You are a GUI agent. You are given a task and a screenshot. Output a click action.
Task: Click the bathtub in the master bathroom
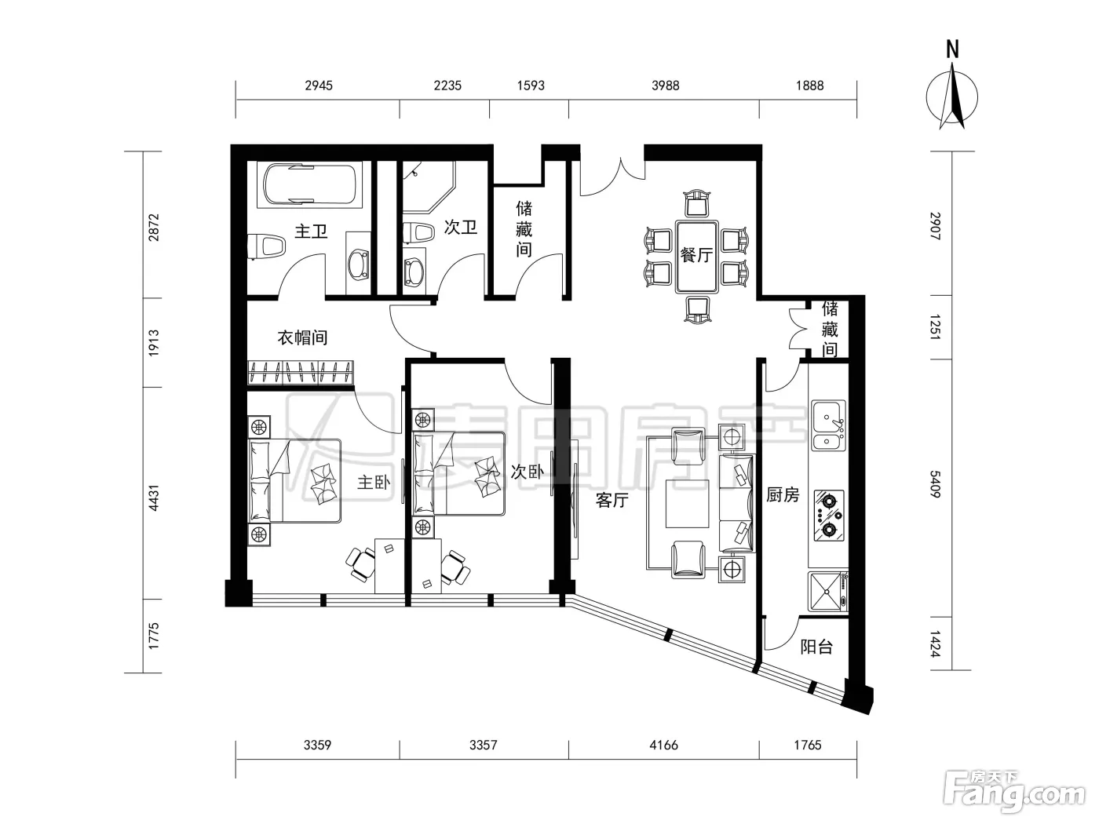[x=310, y=184]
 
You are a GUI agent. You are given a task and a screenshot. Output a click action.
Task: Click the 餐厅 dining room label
[x=696, y=254]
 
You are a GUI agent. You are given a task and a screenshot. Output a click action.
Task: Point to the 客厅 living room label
[x=612, y=500]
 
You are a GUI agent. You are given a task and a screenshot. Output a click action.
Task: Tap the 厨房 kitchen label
[x=783, y=495]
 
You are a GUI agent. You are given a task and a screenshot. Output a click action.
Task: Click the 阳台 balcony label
[x=816, y=647]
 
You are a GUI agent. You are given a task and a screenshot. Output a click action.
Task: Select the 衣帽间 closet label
[x=302, y=337]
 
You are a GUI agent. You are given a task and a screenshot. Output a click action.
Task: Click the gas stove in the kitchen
[x=829, y=516]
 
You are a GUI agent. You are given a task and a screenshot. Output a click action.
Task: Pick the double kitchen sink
[x=828, y=425]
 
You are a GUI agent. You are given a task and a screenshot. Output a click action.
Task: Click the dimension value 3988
[x=666, y=86]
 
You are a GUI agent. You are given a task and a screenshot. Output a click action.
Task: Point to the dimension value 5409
[x=935, y=483]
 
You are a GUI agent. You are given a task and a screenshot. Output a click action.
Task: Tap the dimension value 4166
[x=663, y=745]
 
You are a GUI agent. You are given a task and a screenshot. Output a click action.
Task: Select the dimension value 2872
[x=154, y=227]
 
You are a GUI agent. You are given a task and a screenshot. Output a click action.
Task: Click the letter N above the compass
[x=952, y=50]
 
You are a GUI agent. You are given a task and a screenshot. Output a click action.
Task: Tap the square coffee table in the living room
[x=687, y=504]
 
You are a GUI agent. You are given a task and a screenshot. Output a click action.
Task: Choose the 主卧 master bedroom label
[x=374, y=483]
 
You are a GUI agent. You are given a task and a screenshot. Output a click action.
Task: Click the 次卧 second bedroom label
[x=527, y=472]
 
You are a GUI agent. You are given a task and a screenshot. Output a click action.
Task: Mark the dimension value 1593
[x=531, y=86]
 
